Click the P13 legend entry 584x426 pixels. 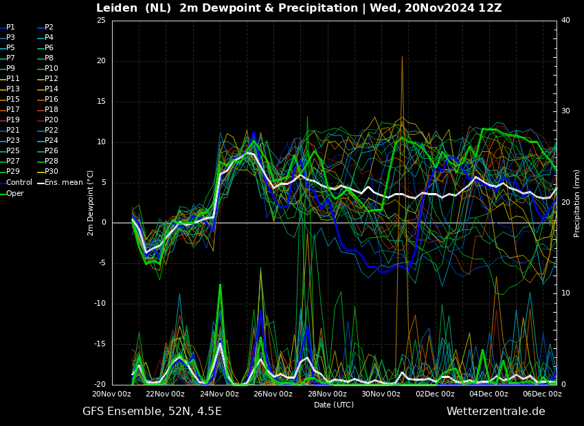tap(10, 89)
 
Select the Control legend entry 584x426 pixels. tap(16, 183)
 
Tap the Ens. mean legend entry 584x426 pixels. tap(60, 183)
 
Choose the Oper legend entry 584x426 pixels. tap(12, 193)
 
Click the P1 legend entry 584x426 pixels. tap(8, 27)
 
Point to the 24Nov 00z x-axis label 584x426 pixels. tap(219, 394)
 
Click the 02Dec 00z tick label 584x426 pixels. tap(435, 394)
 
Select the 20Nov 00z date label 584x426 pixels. tap(112, 394)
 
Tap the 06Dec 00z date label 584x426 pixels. tap(542, 394)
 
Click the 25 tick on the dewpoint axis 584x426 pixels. tap(101, 20)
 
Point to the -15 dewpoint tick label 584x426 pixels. tap(100, 344)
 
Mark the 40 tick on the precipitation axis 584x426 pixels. tap(565, 20)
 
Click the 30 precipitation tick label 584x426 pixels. tap(565, 111)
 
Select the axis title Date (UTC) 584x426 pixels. tap(334, 405)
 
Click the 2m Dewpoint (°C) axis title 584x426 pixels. tap(90, 203)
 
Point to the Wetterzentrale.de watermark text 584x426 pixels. tap(496, 411)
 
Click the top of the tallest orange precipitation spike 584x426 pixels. tap(402, 56)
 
